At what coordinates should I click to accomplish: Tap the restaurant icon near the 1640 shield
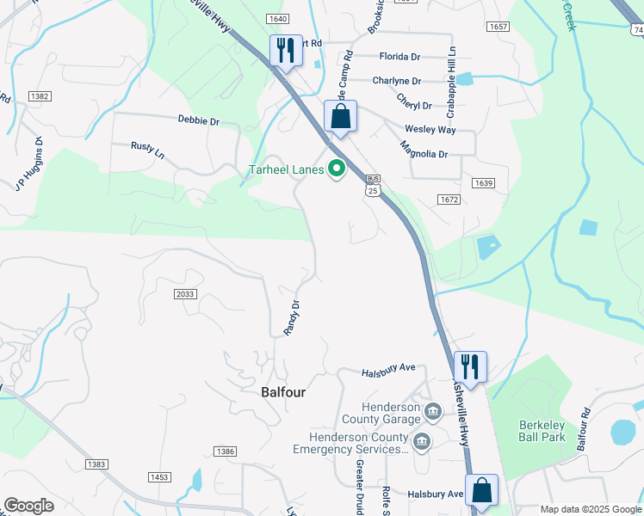[x=286, y=50]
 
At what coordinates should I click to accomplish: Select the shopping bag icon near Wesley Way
[x=341, y=117]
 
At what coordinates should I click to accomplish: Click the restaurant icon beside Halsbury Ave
[x=470, y=366]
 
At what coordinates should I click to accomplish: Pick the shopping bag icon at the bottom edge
[x=482, y=490]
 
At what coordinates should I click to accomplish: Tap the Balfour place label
[x=283, y=391]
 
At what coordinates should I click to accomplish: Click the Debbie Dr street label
[x=198, y=120]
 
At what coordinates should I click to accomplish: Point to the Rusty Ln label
[x=147, y=150]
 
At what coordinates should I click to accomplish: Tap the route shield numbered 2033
[x=184, y=294]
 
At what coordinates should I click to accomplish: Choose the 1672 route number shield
[x=449, y=200]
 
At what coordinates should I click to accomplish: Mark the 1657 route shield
[x=498, y=27]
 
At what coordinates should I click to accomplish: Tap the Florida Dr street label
[x=399, y=57]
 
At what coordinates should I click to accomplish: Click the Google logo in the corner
[x=28, y=506]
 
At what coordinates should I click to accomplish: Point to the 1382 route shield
[x=39, y=97]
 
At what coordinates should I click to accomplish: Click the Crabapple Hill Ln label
[x=451, y=83]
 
